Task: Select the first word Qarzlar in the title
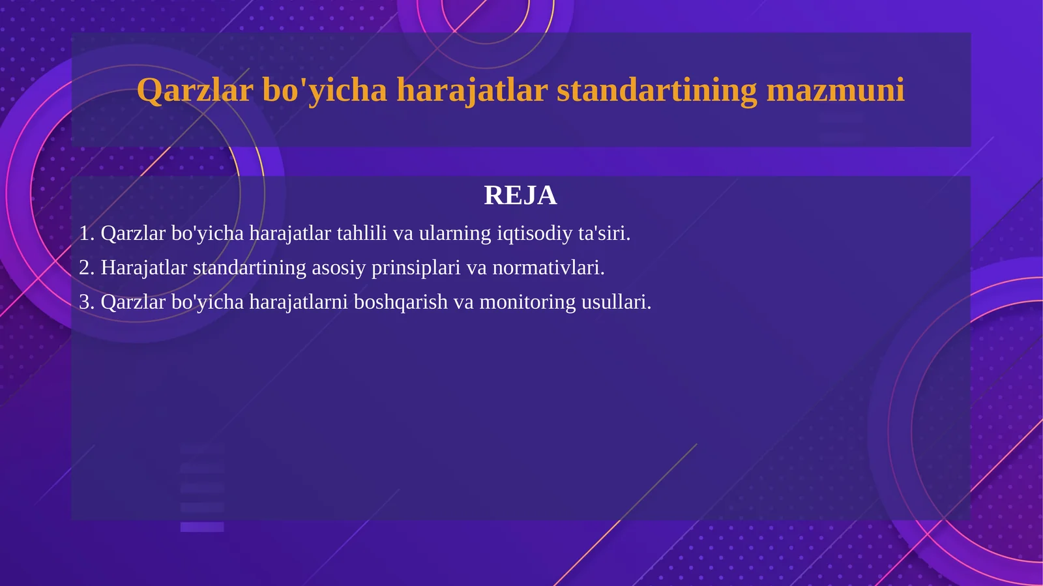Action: pos(194,90)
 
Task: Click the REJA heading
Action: pos(520,196)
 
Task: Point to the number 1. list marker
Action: pos(87,233)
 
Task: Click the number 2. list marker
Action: pos(87,268)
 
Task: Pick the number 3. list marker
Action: pos(87,302)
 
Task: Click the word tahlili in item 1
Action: pos(362,233)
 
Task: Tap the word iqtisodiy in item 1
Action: pos(535,233)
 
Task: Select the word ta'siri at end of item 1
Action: pos(604,233)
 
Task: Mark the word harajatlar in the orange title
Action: pos(472,90)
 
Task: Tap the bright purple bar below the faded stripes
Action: pos(202,527)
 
